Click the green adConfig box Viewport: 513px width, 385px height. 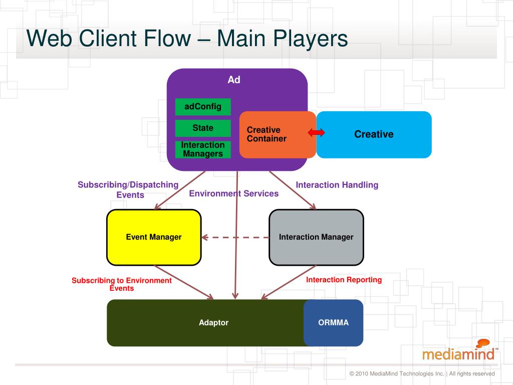(203, 107)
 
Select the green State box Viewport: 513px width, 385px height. (203, 128)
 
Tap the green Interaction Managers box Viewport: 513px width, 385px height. (203, 149)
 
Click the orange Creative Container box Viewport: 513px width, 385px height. (278, 134)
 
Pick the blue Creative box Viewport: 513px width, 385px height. (374, 134)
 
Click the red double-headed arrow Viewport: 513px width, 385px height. (316, 132)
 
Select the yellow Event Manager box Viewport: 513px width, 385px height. (154, 237)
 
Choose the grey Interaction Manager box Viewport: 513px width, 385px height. (316, 237)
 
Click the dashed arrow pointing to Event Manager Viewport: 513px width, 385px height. (235, 237)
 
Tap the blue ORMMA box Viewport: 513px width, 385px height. (333, 323)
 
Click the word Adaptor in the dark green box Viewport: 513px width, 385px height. (213, 323)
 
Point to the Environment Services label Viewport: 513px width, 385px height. (234, 194)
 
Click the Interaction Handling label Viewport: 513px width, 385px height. (337, 185)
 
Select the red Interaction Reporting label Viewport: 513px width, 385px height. (344, 280)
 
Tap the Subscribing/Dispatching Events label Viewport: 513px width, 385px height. (128, 189)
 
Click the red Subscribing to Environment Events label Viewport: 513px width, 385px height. (122, 284)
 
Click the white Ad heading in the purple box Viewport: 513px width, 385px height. (234, 80)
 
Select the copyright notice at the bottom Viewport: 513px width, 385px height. (422, 373)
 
